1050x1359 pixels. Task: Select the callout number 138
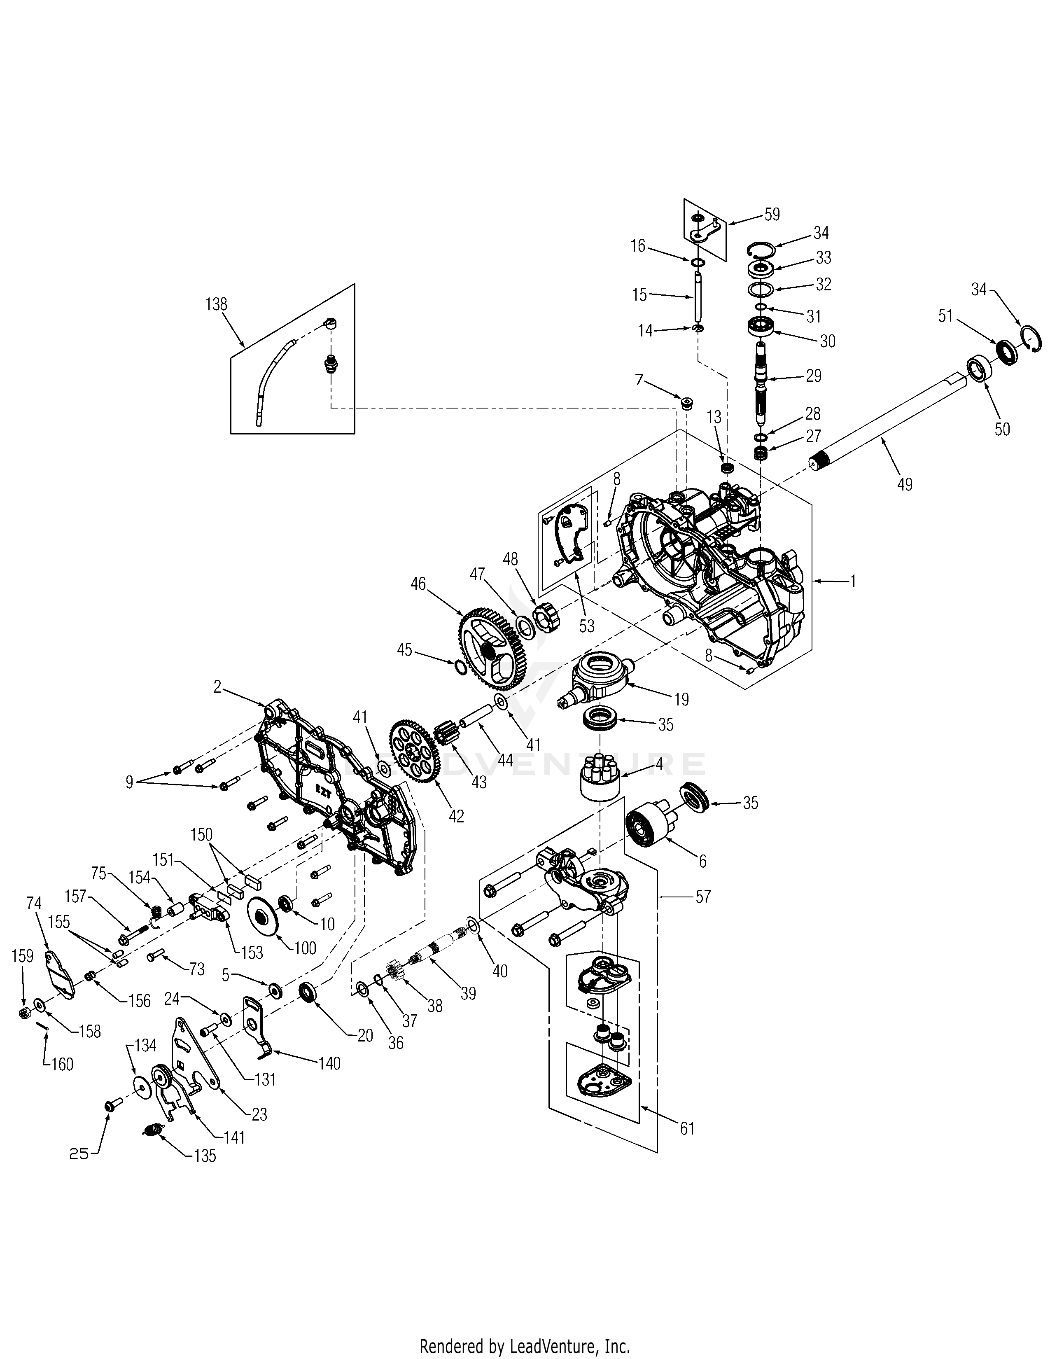pyautogui.click(x=216, y=304)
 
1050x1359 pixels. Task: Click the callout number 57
pyautogui.click(x=702, y=897)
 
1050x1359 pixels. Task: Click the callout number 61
pyautogui.click(x=687, y=1128)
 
